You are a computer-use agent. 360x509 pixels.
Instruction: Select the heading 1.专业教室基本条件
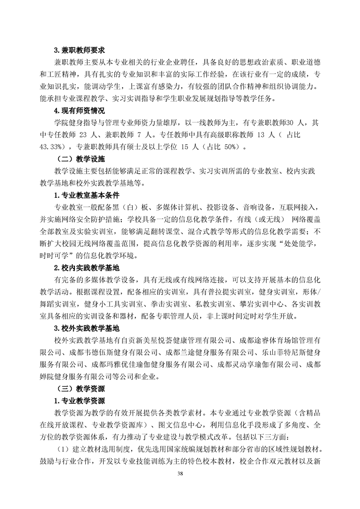(x=86, y=196)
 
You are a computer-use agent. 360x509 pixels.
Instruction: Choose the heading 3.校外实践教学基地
(x=86, y=327)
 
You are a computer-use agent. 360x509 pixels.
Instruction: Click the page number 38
(x=180, y=474)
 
